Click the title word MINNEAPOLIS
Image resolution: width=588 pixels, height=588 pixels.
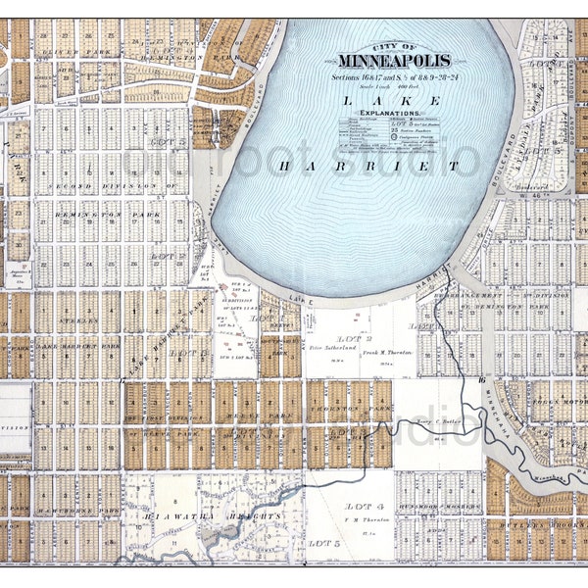(x=395, y=61)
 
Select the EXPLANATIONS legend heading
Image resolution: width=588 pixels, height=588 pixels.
(x=386, y=114)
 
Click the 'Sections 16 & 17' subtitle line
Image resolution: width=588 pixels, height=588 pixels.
(x=393, y=74)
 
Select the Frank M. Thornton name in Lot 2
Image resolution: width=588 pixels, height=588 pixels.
(x=388, y=350)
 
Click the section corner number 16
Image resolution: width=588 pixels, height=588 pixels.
(x=481, y=378)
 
